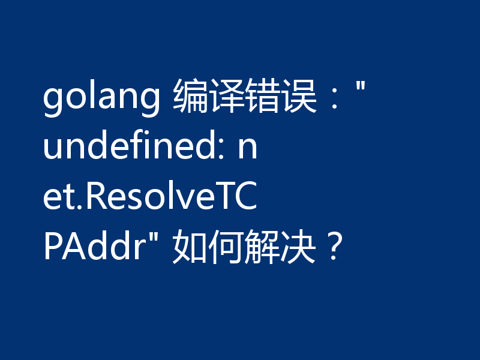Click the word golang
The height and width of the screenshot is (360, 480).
[101, 100]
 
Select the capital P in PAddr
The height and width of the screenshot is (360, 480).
[53, 247]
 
